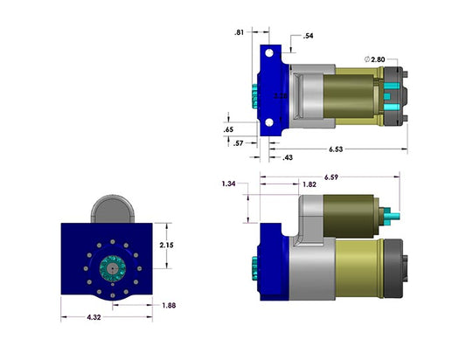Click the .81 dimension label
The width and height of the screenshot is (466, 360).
(x=240, y=32)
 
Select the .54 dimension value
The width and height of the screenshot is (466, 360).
(x=308, y=37)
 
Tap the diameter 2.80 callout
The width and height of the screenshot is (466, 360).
(x=373, y=59)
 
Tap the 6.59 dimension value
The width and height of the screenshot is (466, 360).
(x=331, y=177)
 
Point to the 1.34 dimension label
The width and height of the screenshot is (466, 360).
(x=229, y=184)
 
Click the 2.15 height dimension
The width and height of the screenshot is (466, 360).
(x=166, y=246)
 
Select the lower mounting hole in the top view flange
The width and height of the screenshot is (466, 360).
(x=271, y=125)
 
